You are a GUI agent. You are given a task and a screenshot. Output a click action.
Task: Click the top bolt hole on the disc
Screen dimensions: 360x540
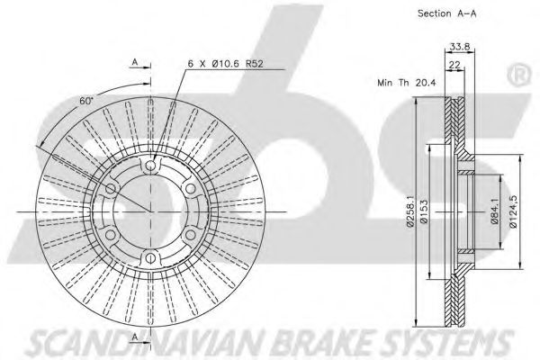[x=152, y=165]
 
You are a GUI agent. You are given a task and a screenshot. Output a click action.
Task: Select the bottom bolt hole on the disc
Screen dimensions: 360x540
[x=152, y=258]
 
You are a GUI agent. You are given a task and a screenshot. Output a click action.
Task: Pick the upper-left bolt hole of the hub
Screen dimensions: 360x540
[x=112, y=188]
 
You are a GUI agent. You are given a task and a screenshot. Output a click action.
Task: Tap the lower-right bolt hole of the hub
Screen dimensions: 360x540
[x=193, y=235]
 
